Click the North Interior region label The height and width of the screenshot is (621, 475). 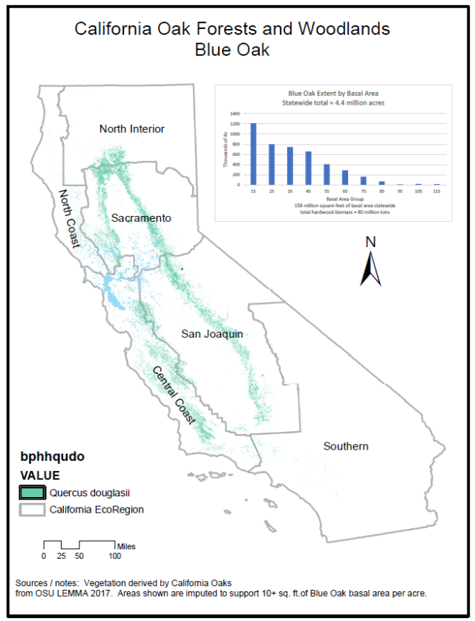pos(132,129)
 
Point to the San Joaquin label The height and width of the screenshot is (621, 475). pos(212,335)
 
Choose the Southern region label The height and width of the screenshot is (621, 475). pos(346,446)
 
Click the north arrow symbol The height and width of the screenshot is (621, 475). pos(370,269)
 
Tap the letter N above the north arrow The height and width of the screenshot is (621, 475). pos(371,242)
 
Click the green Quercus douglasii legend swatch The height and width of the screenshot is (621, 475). pos(33,492)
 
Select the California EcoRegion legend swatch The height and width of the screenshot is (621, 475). pos(33,510)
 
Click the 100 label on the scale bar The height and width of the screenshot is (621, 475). pos(115,556)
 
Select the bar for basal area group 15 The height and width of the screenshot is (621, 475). pos(253,154)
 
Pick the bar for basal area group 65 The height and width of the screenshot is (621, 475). pos(345,177)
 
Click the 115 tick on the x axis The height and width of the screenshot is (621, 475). pos(437,191)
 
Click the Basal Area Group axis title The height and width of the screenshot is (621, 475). pos(344,199)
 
